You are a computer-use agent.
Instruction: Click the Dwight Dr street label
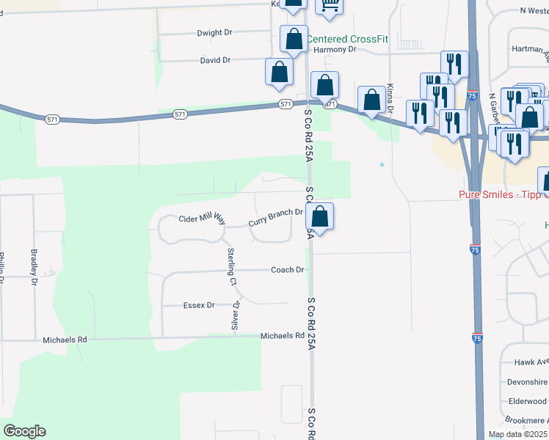(214, 33)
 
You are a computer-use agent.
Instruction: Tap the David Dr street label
(215, 60)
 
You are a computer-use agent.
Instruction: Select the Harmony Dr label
(334, 50)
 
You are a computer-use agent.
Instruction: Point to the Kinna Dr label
(390, 98)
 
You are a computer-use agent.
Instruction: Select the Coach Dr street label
(287, 270)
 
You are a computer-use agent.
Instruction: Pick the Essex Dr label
(200, 305)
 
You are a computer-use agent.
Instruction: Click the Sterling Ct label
(231, 267)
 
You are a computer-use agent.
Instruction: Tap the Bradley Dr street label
(34, 262)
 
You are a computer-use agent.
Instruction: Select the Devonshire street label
(527, 382)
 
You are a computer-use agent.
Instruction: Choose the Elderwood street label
(527, 401)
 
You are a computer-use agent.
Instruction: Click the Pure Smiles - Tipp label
(503, 194)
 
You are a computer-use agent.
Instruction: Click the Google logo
(24, 430)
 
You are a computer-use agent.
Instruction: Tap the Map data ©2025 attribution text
(517, 434)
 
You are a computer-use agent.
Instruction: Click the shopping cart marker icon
(330, 6)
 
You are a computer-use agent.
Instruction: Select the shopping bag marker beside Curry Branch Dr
(319, 217)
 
